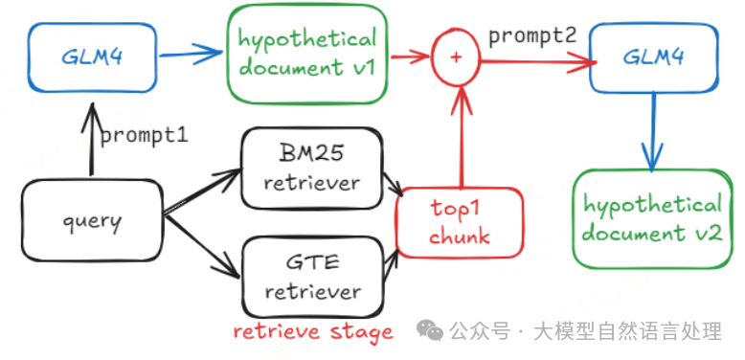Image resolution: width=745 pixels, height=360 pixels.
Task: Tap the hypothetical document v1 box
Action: pos(307,54)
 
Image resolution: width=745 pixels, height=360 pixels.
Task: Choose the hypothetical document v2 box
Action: pos(652,218)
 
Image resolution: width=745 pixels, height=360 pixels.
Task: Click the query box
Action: pos(92,222)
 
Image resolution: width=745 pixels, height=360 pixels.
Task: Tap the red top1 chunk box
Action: pos(460,223)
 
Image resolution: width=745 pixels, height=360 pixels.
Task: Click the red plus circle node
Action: pos(456,57)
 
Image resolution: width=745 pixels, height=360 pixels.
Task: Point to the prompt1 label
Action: pos(144,135)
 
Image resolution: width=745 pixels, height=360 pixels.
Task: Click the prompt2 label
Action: pos(532,36)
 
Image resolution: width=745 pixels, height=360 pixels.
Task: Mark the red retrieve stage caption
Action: pos(313,332)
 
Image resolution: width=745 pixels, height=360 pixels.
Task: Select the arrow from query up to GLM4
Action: pos(92,138)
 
